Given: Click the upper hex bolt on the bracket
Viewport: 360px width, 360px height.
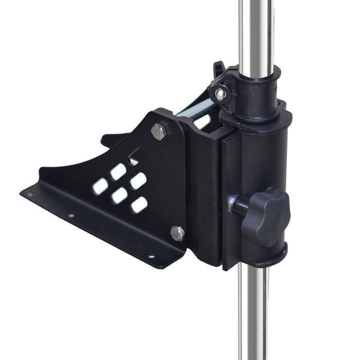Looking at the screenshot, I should [x=159, y=131].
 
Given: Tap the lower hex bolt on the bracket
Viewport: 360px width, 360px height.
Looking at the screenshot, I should [x=177, y=233].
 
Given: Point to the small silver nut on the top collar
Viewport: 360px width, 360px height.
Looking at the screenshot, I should [x=220, y=94].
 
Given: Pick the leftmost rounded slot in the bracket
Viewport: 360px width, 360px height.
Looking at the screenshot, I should [x=101, y=186].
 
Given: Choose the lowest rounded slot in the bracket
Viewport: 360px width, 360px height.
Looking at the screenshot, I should [x=139, y=205].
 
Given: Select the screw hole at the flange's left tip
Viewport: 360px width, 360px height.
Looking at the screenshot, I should [x=30, y=194].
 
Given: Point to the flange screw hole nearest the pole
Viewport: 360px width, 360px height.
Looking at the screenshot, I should [x=151, y=256].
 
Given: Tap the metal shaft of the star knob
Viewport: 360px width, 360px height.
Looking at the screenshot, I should [x=238, y=205].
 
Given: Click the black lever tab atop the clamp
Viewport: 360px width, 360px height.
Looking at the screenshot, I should [x=219, y=69].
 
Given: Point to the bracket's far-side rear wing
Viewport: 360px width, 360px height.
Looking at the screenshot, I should [x=114, y=139].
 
